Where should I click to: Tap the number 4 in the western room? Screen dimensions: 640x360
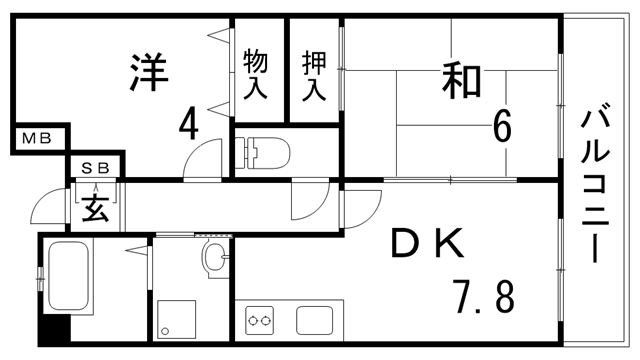click(x=188, y=126)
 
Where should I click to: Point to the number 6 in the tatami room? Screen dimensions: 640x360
click(x=501, y=127)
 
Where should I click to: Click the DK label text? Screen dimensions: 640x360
click(x=427, y=243)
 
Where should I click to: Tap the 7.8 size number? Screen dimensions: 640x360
click(x=484, y=297)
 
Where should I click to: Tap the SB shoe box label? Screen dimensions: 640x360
click(x=95, y=167)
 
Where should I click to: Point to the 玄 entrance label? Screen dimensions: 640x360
click(x=96, y=209)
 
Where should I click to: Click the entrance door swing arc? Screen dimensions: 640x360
click(x=45, y=205)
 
